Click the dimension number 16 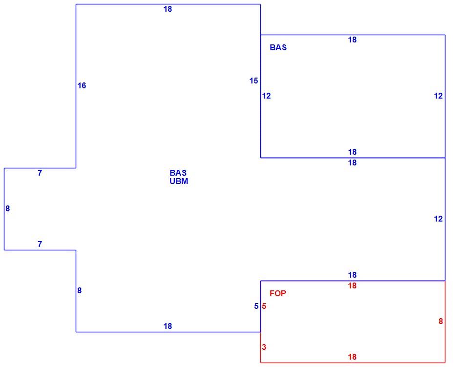(82, 86)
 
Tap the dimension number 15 (253, 81)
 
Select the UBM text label (179, 181)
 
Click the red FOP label (278, 293)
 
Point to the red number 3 (264, 347)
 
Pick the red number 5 (264, 306)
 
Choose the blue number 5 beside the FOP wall (256, 306)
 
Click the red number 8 (441, 321)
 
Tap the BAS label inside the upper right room (278, 48)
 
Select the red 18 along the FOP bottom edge (352, 357)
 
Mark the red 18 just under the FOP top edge (352, 286)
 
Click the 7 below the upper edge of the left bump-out (40, 173)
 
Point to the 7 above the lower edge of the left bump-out (40, 244)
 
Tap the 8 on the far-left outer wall (8, 209)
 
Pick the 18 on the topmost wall (168, 9)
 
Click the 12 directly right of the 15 (266, 96)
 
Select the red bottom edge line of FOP (353, 363)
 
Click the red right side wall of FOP (445, 322)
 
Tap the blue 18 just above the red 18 (352, 275)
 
